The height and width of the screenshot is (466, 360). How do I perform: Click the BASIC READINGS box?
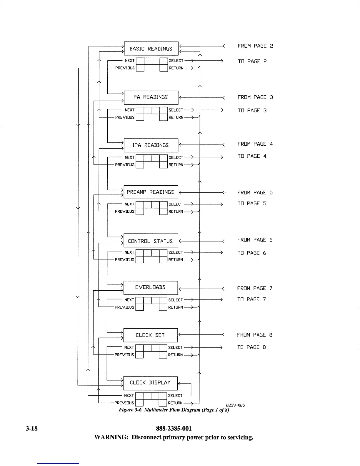coord(151,49)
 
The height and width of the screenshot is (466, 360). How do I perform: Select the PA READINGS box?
coord(151,97)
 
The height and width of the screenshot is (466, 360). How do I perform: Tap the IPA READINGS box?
coord(151,145)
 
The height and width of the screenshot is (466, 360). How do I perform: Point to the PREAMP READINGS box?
coord(151,192)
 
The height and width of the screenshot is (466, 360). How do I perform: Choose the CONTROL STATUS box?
coord(151,241)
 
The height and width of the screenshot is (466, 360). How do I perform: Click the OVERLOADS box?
coord(151,287)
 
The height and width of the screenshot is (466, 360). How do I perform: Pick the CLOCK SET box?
coord(150,335)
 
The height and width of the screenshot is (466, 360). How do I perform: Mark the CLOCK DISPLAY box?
coord(150,383)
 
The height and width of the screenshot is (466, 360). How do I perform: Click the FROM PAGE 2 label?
coord(255,46)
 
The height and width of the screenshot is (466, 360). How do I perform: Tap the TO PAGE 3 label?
coord(252,111)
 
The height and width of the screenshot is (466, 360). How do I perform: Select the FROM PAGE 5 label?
coord(255,193)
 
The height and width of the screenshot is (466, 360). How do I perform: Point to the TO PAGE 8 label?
coord(251,347)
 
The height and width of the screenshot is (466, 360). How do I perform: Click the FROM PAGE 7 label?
coord(255,288)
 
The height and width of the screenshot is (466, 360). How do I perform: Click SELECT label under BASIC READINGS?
coord(176,61)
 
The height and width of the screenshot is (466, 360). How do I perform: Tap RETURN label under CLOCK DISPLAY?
coord(175,403)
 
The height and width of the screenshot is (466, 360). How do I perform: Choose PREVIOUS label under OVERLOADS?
coord(124,307)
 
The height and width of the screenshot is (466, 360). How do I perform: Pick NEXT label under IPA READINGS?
coord(129,157)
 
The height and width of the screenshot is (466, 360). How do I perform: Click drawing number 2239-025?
coord(235,405)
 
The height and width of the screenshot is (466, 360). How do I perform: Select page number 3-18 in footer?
coord(31,428)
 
